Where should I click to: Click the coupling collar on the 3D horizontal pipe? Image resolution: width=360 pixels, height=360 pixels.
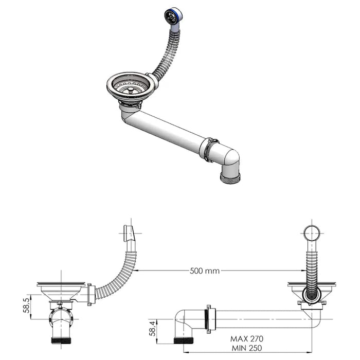click(x=211, y=149)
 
